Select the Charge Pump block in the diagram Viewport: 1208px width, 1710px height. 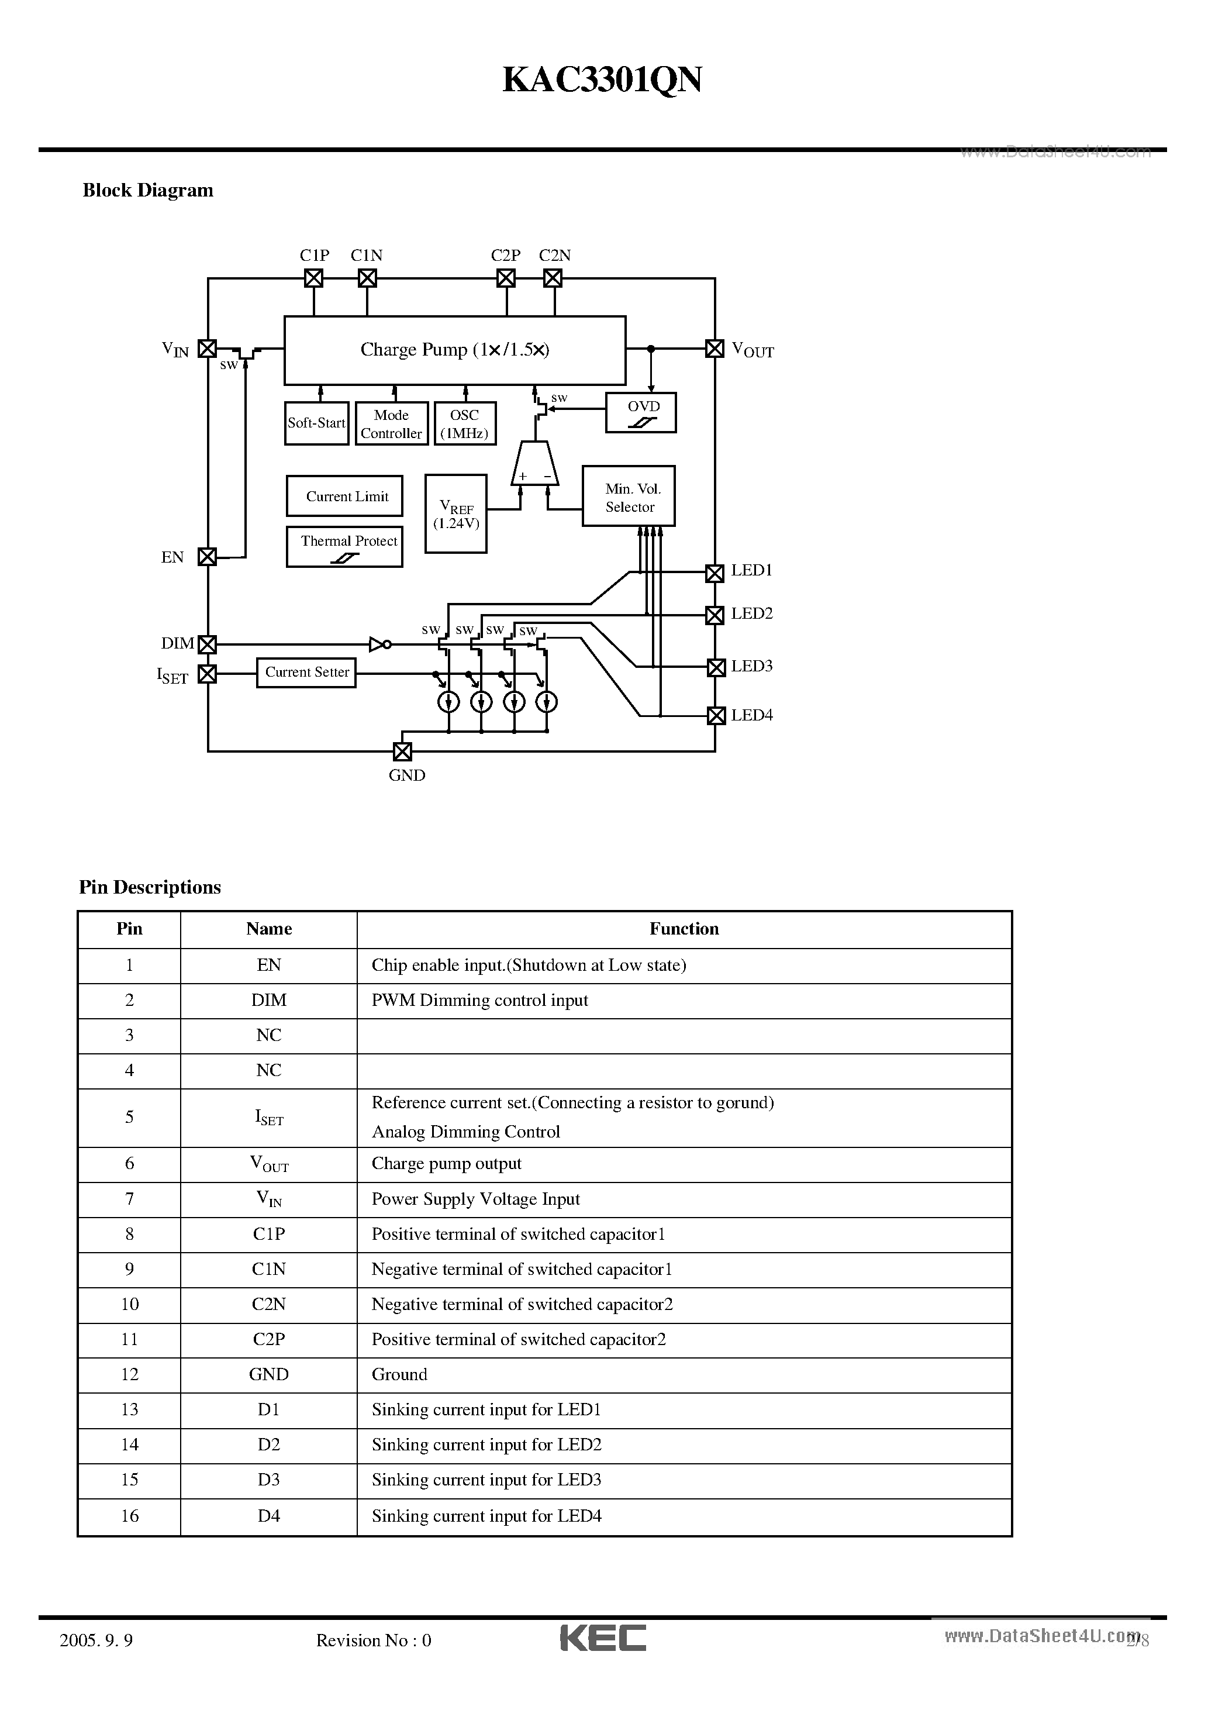(x=454, y=350)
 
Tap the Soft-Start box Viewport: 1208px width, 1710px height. (x=316, y=423)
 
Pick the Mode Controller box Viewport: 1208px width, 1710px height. (x=392, y=423)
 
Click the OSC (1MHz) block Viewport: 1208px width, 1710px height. (x=464, y=423)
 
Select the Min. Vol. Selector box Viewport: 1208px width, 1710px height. (x=629, y=496)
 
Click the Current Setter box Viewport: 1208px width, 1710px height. (x=306, y=673)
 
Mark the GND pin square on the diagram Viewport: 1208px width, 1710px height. (x=402, y=751)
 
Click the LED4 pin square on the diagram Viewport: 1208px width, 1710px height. (x=716, y=716)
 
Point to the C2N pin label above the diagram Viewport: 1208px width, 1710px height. (x=555, y=256)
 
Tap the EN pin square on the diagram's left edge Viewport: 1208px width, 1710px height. (x=207, y=556)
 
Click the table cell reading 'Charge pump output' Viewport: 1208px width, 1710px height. (x=446, y=1163)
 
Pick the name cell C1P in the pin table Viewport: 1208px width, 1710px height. (x=269, y=1234)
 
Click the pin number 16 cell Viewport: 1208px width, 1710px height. (x=130, y=1516)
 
